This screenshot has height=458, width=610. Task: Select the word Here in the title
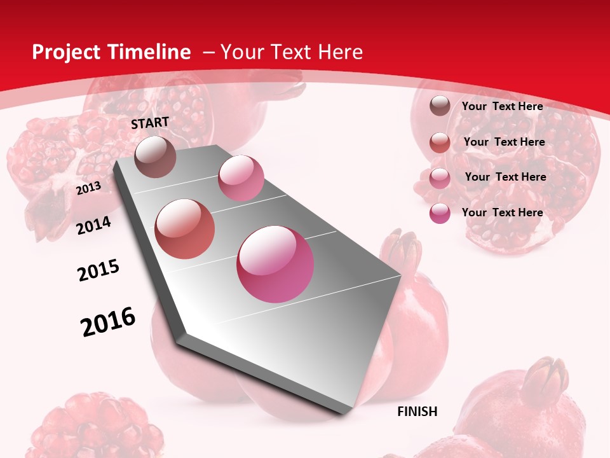tap(340, 52)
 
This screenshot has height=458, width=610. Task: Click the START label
tap(150, 123)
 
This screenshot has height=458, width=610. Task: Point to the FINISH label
tap(417, 412)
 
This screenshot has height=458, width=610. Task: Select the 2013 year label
tap(88, 188)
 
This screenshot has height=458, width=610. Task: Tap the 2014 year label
tap(93, 225)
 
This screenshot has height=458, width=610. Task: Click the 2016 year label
tap(108, 322)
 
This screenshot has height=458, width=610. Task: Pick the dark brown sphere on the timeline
tap(156, 156)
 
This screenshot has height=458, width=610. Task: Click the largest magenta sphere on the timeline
tap(275, 264)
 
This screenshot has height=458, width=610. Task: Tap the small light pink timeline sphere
tap(241, 178)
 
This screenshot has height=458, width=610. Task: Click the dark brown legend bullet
tap(440, 106)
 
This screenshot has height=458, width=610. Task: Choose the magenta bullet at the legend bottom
tap(440, 213)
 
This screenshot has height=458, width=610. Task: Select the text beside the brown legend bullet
tap(502, 106)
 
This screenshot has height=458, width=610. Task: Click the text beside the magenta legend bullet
tap(502, 212)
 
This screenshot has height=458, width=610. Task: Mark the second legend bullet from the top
tap(440, 142)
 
